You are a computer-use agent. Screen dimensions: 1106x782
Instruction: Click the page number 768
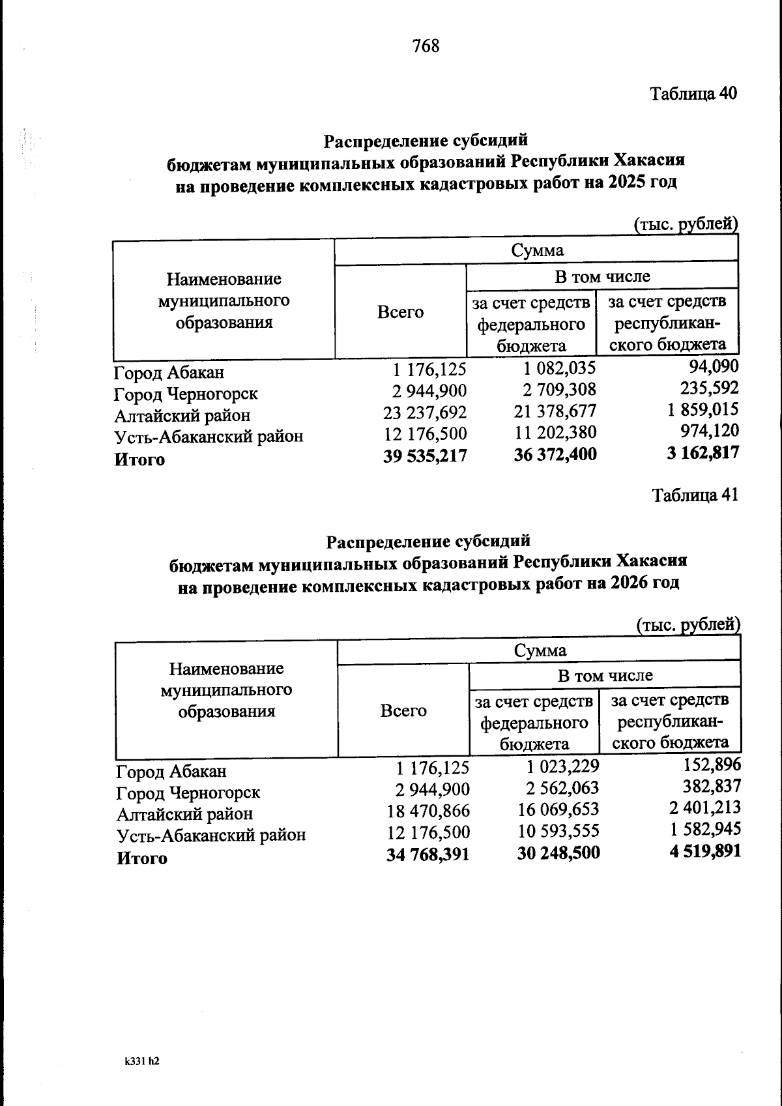(x=426, y=46)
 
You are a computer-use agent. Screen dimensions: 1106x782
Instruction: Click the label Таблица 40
(x=694, y=94)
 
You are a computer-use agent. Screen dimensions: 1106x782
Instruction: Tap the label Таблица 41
(x=695, y=495)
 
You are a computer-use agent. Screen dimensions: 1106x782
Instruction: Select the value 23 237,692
(x=424, y=413)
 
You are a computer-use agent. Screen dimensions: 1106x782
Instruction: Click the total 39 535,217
(x=426, y=456)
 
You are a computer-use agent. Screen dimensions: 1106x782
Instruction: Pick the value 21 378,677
(x=555, y=411)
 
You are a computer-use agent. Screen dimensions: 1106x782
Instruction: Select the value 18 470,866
(x=427, y=811)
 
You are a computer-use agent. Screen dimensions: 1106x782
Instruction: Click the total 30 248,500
(x=558, y=852)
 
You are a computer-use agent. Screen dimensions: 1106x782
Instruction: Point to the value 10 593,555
(x=558, y=831)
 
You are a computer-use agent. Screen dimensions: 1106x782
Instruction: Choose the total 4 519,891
(x=704, y=851)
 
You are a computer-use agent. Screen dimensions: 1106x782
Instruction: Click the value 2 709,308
(x=559, y=390)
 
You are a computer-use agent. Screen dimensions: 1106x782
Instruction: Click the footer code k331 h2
(x=141, y=1061)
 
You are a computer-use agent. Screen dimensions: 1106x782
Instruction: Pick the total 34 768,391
(x=427, y=854)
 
